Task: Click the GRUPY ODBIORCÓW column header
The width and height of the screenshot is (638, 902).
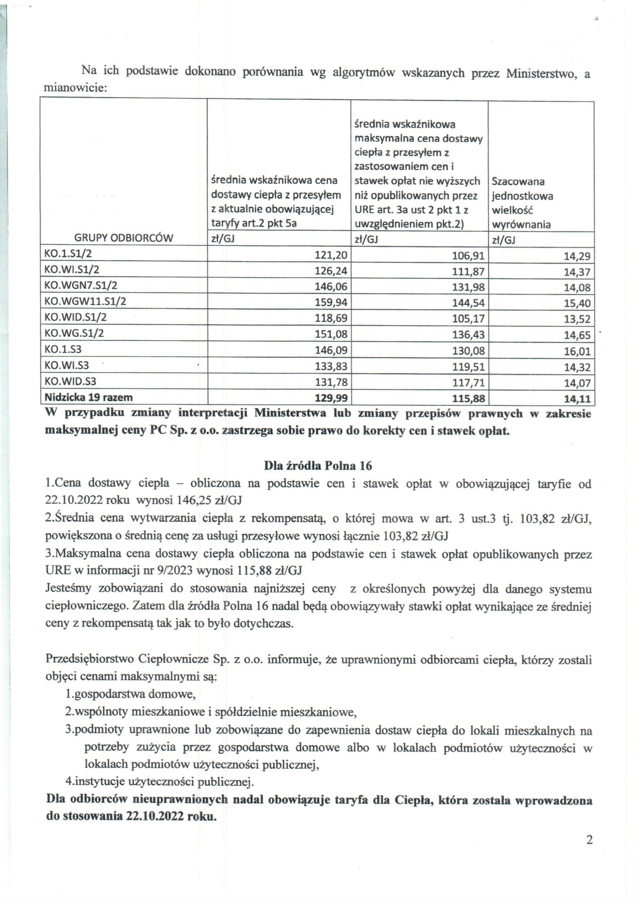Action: (123, 238)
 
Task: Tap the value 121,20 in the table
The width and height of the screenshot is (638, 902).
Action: (331, 255)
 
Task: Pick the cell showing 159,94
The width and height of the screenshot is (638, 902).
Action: (331, 302)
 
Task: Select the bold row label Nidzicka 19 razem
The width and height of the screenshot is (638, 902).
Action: (88, 397)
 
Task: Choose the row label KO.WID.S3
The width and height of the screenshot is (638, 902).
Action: (70, 382)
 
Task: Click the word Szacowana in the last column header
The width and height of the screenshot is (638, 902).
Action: (518, 181)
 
